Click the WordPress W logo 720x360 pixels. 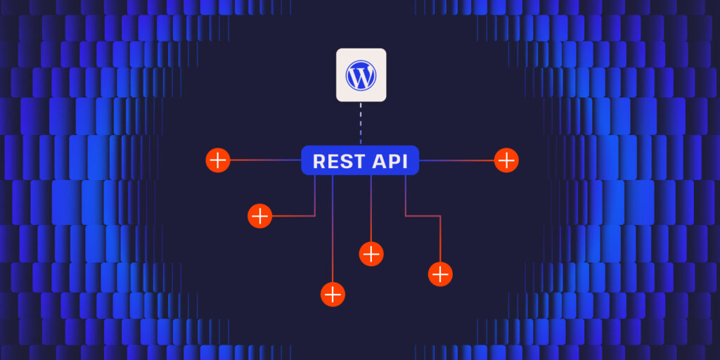pyautogui.click(x=361, y=75)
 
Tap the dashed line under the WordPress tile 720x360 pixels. pyautogui.click(x=361, y=124)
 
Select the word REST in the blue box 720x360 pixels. pyautogui.click(x=337, y=161)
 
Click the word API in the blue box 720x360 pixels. pyautogui.click(x=389, y=161)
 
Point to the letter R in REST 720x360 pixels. pyautogui.click(x=319, y=161)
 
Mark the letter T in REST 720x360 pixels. pyautogui.click(x=355, y=161)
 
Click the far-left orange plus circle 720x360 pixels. pyautogui.click(x=218, y=160)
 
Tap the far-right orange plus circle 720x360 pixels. pyautogui.click(x=506, y=160)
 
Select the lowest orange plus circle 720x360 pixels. pyautogui.click(x=333, y=294)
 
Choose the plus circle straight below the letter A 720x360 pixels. pyautogui.click(x=371, y=253)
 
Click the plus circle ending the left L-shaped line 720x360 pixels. pyautogui.click(x=260, y=216)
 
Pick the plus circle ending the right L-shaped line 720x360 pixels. pyautogui.click(x=440, y=274)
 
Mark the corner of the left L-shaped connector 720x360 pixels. pyautogui.click(x=315, y=216)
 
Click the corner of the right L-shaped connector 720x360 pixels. pyautogui.click(x=440, y=216)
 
